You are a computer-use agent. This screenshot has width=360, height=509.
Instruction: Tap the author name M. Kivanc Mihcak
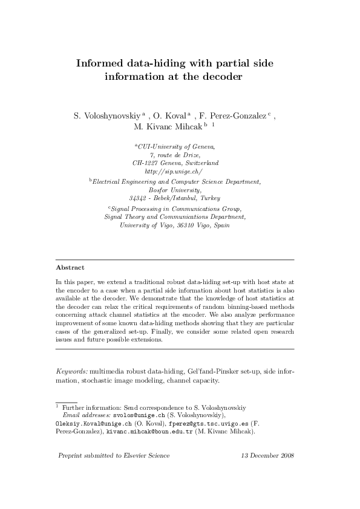click(168, 128)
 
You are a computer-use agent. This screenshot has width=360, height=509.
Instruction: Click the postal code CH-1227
click(146, 163)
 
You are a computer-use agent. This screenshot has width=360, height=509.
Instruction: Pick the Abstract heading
click(70, 267)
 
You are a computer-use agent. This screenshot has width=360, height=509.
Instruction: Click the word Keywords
click(71, 371)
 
